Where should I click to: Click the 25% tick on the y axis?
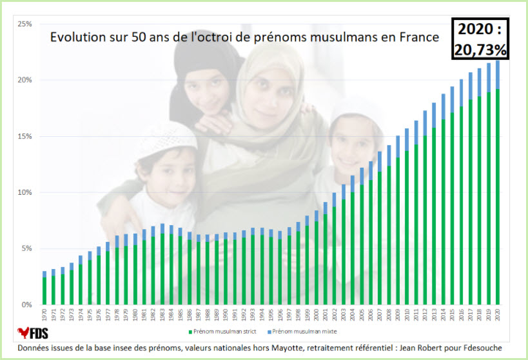tap(25, 24)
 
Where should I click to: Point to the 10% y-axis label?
tap(25, 192)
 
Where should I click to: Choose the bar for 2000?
tap(317, 257)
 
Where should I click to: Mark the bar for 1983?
tap(162, 264)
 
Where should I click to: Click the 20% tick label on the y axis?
tap(25, 80)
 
